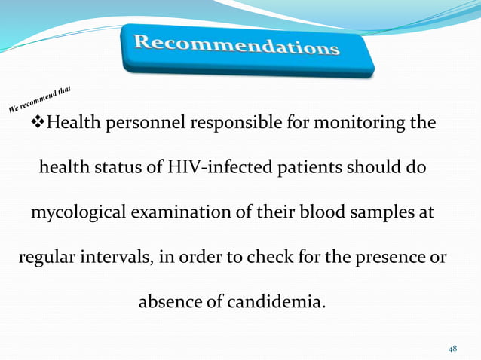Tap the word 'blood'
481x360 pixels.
pyautogui.click(x=322, y=213)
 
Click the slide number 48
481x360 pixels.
pyautogui.click(x=452, y=349)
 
